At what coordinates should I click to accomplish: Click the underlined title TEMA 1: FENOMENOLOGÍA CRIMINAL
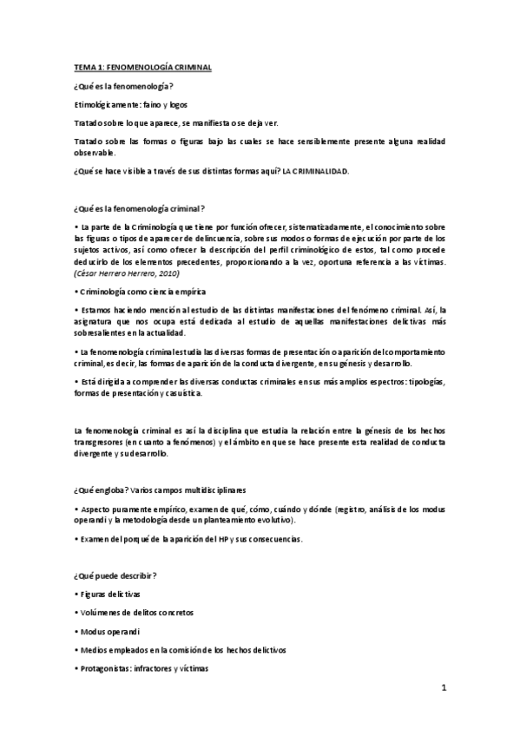click(x=143, y=67)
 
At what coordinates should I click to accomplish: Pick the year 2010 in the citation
click(x=167, y=273)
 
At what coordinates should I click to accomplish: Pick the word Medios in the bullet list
click(x=94, y=650)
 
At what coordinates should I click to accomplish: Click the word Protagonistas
click(x=109, y=668)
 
